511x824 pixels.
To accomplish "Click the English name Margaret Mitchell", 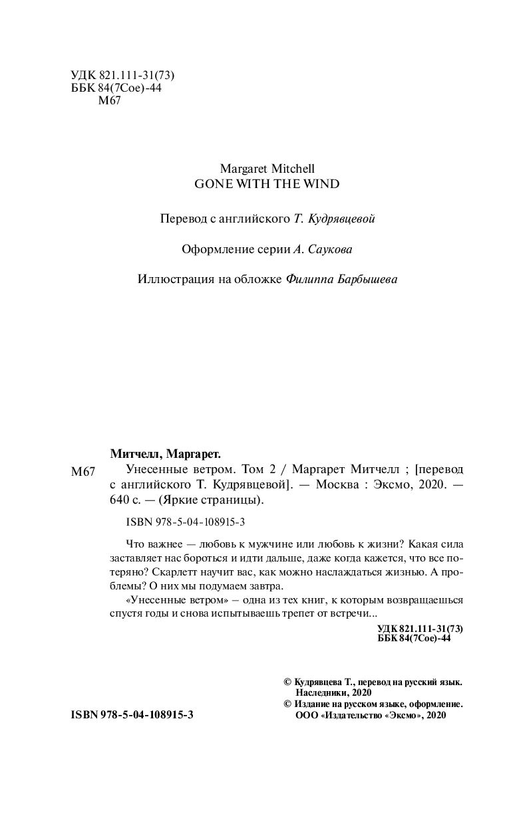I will (x=266, y=169).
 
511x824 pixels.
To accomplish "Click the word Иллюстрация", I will (x=176, y=280).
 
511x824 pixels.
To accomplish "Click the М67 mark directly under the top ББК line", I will (x=108, y=101).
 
